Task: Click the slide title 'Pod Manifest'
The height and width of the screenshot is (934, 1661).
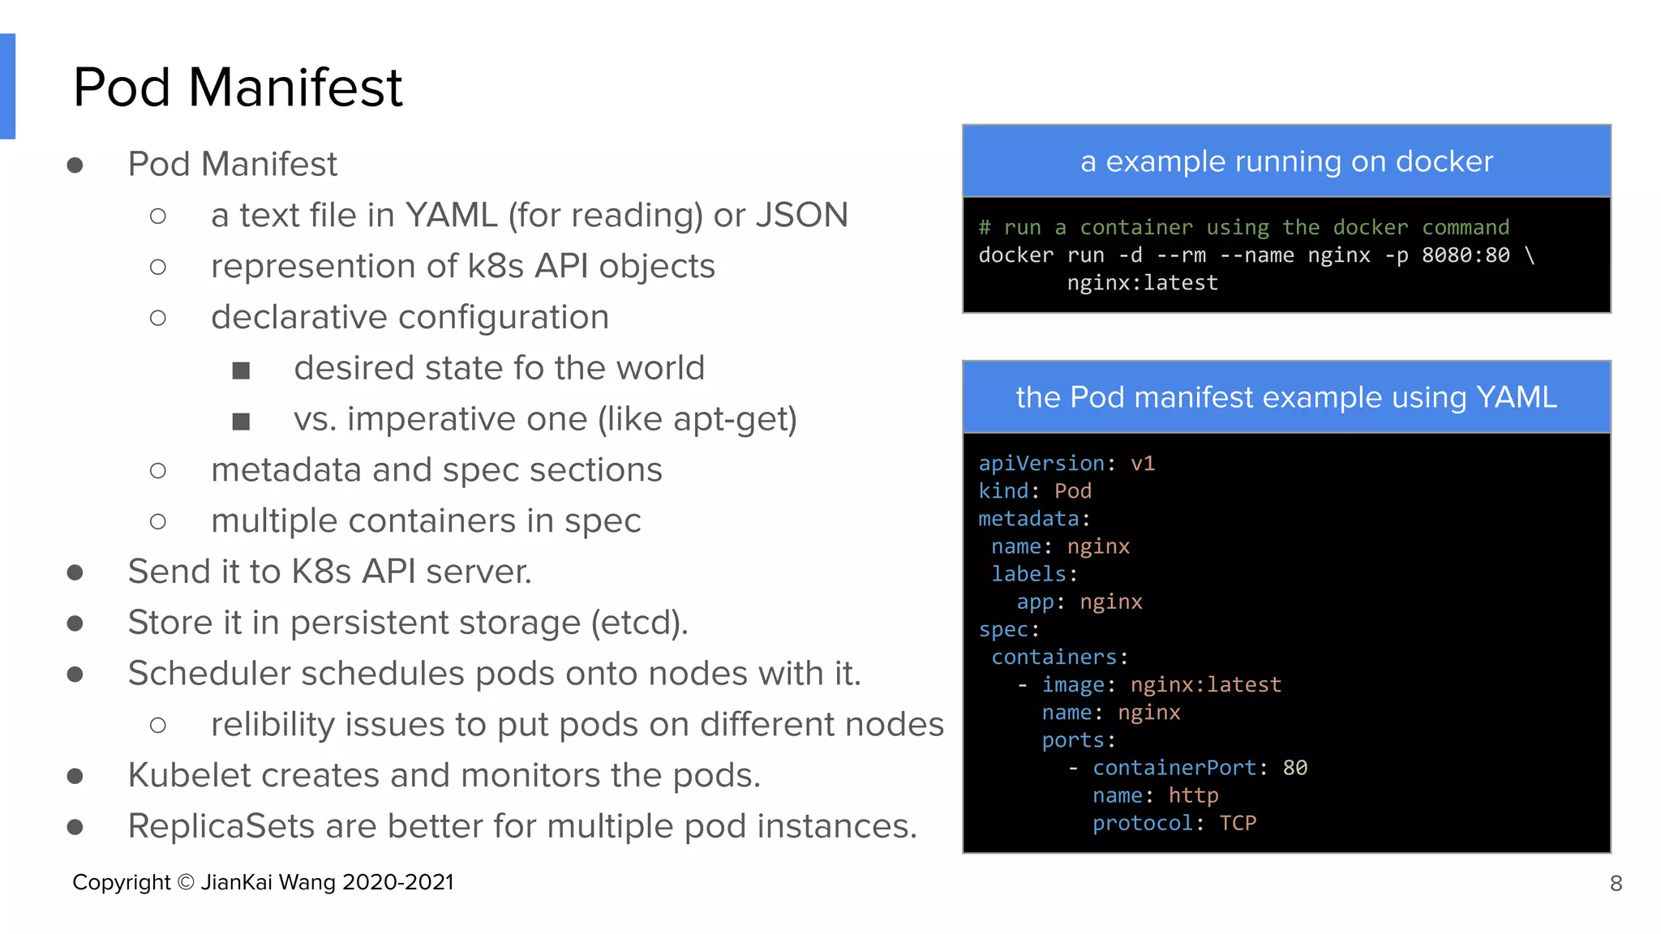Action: (237, 87)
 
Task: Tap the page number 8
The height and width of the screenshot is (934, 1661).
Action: (1616, 883)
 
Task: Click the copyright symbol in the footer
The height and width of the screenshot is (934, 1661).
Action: (186, 882)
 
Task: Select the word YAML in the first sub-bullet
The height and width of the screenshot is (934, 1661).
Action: (451, 216)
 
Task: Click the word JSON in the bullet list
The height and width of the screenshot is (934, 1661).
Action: (801, 216)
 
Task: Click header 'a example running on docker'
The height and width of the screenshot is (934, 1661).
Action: (1286, 161)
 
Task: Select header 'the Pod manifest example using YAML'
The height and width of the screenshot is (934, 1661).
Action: (1286, 397)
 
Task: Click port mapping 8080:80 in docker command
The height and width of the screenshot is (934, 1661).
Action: (1466, 255)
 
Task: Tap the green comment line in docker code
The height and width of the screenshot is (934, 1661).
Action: (1244, 228)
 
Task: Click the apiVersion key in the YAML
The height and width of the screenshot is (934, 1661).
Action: (1041, 463)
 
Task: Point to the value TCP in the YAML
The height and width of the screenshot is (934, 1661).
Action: (1238, 823)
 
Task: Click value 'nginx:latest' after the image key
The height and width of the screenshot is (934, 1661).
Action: (1205, 685)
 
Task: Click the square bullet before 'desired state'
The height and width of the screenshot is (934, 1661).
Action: (241, 371)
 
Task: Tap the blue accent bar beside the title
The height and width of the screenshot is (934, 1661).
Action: (7, 87)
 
